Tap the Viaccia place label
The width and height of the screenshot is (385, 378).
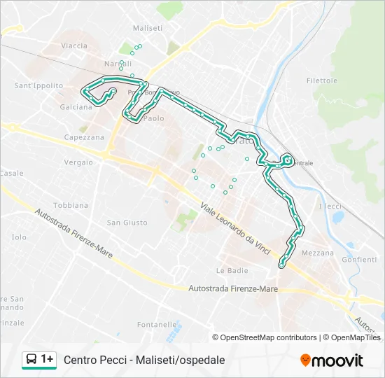[73, 46]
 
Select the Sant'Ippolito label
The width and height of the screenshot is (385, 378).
[38, 86]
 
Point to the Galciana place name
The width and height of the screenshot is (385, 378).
[76, 107]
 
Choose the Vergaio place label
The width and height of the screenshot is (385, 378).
[78, 162]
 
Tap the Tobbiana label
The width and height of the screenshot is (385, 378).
[71, 206]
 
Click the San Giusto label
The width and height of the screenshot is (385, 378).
[127, 223]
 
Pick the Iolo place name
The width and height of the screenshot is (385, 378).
[19, 237]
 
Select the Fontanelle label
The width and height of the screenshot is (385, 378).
[157, 325]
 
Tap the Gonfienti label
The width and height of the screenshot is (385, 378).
[359, 260]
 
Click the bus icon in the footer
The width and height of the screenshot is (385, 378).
[32, 359]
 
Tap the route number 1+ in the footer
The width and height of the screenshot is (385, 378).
[48, 359]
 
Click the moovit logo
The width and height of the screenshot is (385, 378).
[332, 360]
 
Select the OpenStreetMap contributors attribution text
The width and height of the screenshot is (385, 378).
[269, 337]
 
